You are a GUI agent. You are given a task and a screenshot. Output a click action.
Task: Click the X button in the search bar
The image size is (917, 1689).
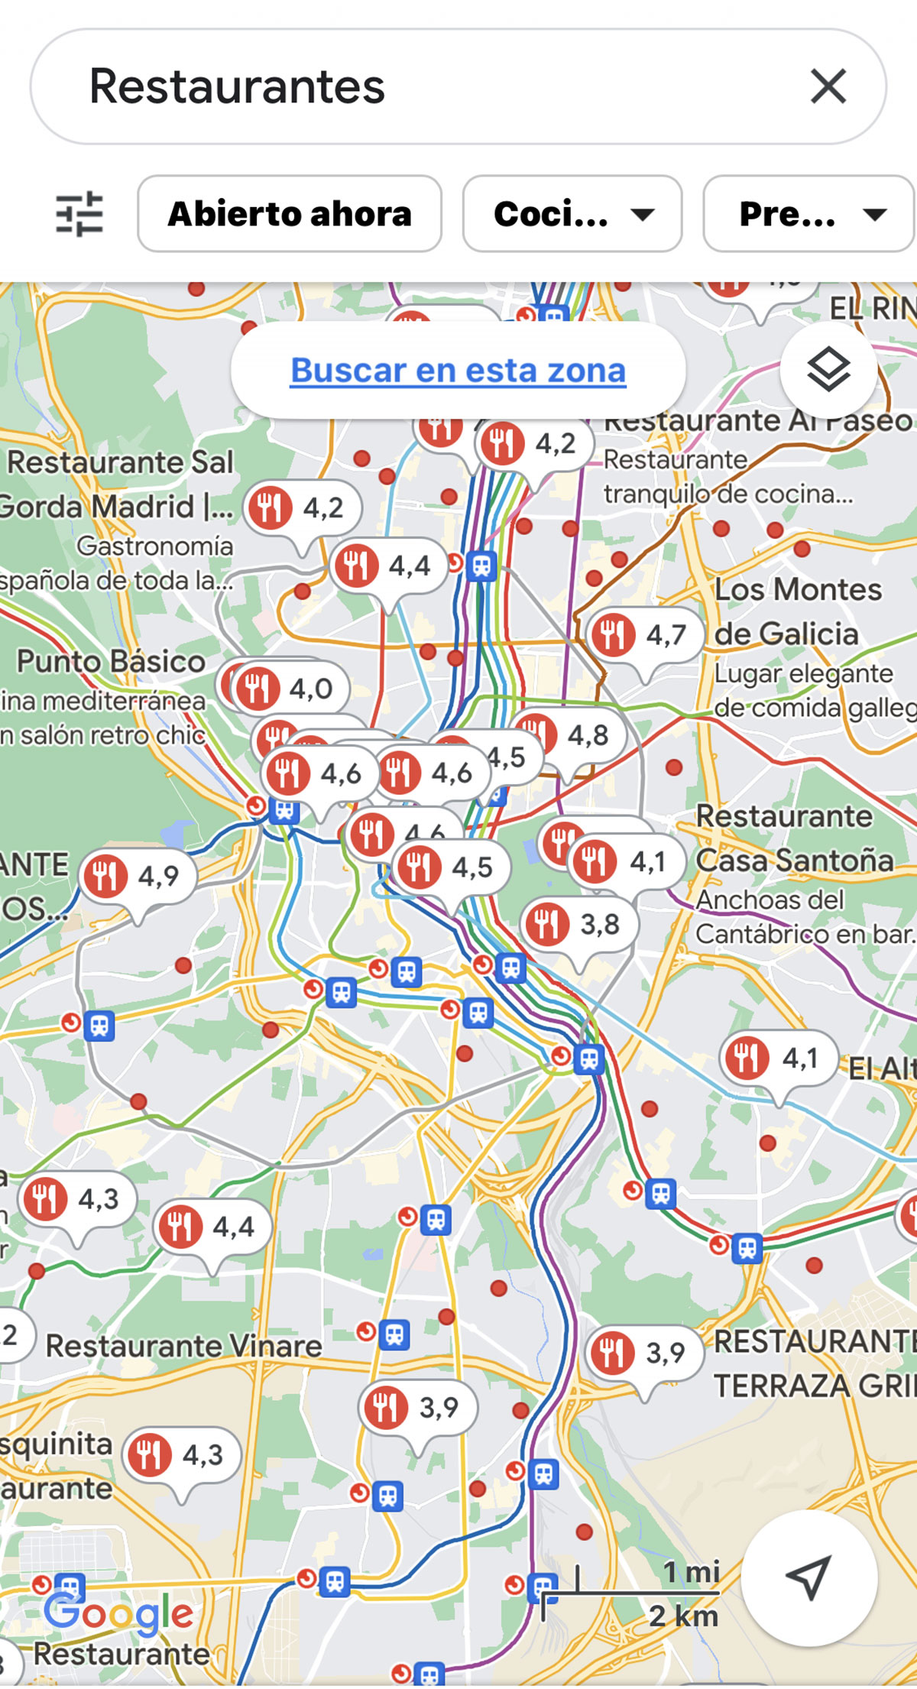(828, 86)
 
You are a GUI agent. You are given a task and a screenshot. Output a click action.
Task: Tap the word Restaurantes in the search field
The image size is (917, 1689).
(237, 86)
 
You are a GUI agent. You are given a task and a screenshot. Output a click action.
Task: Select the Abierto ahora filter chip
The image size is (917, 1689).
(290, 213)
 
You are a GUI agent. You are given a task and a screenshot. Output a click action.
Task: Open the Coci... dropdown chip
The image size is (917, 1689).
(572, 213)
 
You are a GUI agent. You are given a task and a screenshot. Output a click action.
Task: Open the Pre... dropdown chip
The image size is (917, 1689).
(808, 213)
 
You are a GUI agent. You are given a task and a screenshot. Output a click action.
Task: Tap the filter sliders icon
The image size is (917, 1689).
(79, 213)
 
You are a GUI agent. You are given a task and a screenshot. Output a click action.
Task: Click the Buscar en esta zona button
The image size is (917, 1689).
(458, 371)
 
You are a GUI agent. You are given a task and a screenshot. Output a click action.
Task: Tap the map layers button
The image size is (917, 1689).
(828, 371)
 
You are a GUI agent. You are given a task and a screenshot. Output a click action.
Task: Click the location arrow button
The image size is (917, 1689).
(808, 1577)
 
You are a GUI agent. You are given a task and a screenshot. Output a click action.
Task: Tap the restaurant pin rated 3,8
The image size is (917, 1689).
(578, 925)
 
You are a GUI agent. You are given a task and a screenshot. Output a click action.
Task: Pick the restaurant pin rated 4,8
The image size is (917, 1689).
(569, 735)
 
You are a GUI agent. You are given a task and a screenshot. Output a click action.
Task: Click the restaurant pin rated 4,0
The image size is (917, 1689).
(290, 689)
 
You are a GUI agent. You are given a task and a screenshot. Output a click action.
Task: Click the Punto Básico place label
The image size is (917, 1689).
(112, 662)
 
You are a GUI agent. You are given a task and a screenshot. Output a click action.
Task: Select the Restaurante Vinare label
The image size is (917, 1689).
(183, 1346)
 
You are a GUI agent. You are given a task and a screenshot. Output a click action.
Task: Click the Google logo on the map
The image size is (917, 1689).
(119, 1613)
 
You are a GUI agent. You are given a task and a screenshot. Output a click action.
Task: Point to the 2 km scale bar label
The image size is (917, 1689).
(683, 1616)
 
